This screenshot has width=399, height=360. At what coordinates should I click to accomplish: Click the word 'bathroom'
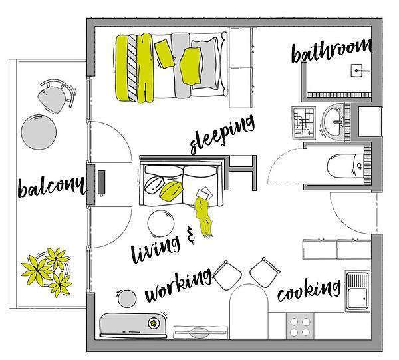pyautogui.click(x=332, y=51)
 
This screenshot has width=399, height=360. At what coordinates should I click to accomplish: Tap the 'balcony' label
pyautogui.click(x=51, y=186)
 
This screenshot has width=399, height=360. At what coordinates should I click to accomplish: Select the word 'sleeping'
pyautogui.click(x=222, y=134)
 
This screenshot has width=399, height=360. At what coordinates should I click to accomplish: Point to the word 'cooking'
pyautogui.click(x=309, y=290)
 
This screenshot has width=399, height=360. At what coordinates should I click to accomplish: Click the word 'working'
pyautogui.click(x=178, y=285)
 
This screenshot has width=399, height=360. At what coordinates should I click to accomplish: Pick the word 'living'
pyautogui.click(x=155, y=249)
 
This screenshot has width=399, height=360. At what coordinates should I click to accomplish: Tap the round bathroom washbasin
pyautogui.click(x=333, y=121)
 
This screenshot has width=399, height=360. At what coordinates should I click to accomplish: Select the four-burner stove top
pyautogui.click(x=300, y=326)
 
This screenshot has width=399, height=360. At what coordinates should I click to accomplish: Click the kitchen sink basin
pyautogui.click(x=358, y=291)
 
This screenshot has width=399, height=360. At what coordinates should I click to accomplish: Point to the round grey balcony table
pyautogui.click(x=39, y=132)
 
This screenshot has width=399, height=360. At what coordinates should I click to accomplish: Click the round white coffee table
pyautogui.click(x=161, y=223)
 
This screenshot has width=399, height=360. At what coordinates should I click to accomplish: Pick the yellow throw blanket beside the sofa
pyautogui.click(x=203, y=216)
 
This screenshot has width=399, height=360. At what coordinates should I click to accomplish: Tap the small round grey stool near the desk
pyautogui.click(x=127, y=298)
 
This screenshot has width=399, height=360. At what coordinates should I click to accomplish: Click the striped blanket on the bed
pyautogui.click(x=132, y=69)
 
